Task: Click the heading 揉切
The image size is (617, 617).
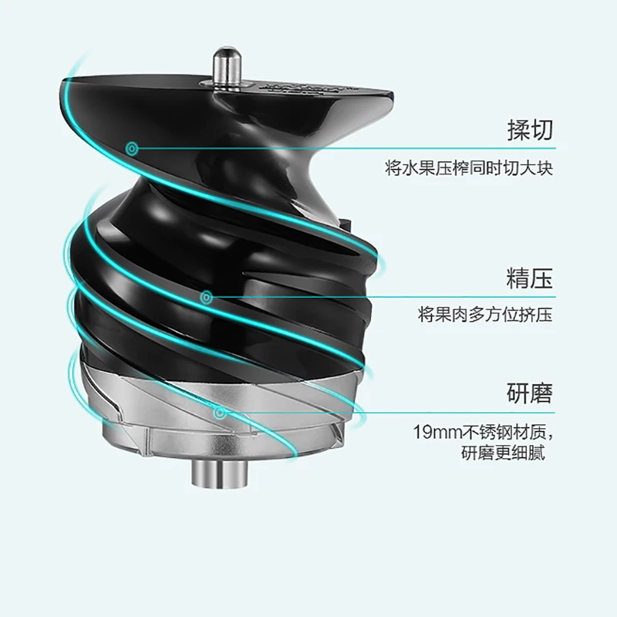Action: tap(530, 130)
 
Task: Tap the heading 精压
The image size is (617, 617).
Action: tap(530, 278)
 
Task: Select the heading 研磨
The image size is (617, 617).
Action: tap(530, 393)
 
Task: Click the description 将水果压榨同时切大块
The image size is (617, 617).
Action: tap(469, 168)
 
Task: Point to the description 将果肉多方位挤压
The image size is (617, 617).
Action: tap(486, 315)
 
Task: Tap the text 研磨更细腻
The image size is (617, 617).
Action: tap(504, 453)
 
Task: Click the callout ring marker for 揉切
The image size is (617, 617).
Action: tap(132, 149)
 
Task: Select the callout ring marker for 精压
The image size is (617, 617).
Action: tap(207, 298)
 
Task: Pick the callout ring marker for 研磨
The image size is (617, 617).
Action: tap(220, 413)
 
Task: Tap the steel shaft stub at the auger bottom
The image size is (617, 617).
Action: tap(221, 473)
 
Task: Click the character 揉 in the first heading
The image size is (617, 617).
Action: tap(518, 130)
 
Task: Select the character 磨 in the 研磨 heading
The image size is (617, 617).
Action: tap(541, 393)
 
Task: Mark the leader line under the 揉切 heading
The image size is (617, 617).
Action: tap(346, 148)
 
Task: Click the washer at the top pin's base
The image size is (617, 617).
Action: tap(227, 84)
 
